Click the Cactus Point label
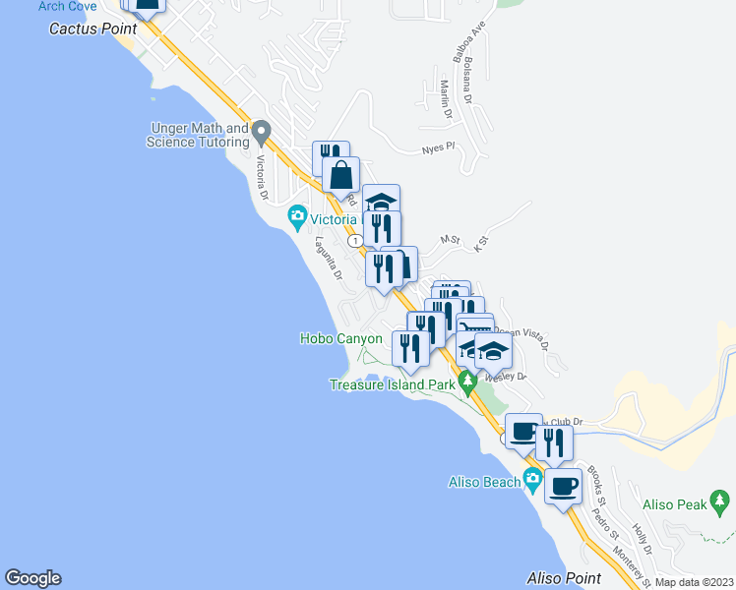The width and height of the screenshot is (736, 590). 92,29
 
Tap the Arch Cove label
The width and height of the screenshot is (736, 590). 67,6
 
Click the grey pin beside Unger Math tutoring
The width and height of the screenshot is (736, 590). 261,131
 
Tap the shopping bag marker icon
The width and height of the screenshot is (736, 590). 340,176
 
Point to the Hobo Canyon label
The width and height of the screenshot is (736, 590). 340,339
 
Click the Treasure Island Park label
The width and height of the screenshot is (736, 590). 391,384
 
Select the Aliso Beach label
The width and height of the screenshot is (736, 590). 483,481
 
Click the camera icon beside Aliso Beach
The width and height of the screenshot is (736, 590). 532,480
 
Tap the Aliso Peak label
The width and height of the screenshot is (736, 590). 674,504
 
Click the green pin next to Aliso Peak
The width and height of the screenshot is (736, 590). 720,503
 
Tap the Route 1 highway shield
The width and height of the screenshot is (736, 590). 353,240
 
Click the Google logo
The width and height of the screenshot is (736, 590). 32,578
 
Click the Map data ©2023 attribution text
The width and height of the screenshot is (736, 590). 694,582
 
